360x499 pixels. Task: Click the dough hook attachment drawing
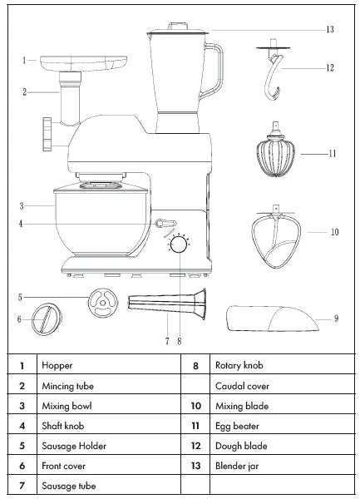pyautogui.click(x=272, y=77)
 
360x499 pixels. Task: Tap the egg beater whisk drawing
pyautogui.click(x=274, y=155)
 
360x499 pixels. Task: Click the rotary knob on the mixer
pyautogui.click(x=177, y=247)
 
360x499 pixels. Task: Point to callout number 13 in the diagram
pyautogui.click(x=329, y=29)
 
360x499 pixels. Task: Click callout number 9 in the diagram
pyautogui.click(x=336, y=318)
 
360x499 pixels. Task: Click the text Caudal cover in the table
pyautogui.click(x=242, y=386)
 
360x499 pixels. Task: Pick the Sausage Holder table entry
pyautogui.click(x=74, y=446)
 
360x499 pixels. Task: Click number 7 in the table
pyautogui.click(x=21, y=487)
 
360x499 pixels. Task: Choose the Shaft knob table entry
pyautogui.click(x=63, y=426)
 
